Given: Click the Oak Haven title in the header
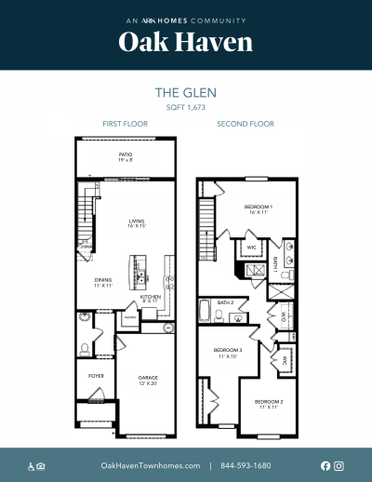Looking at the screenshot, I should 186,42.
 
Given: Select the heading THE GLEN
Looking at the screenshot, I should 186,93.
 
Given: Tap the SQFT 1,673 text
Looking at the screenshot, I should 186,108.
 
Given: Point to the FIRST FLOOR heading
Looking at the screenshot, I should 125,124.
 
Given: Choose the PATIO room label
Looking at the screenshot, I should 125,156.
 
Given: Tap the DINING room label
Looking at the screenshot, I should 103,281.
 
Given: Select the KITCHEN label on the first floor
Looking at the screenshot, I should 152,299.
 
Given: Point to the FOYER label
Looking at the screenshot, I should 96,377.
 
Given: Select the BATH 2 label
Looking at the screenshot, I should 226,302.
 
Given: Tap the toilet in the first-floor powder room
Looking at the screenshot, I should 86,350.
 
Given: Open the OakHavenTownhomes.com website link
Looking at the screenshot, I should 150,465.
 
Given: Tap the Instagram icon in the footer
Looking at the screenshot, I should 339,465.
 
